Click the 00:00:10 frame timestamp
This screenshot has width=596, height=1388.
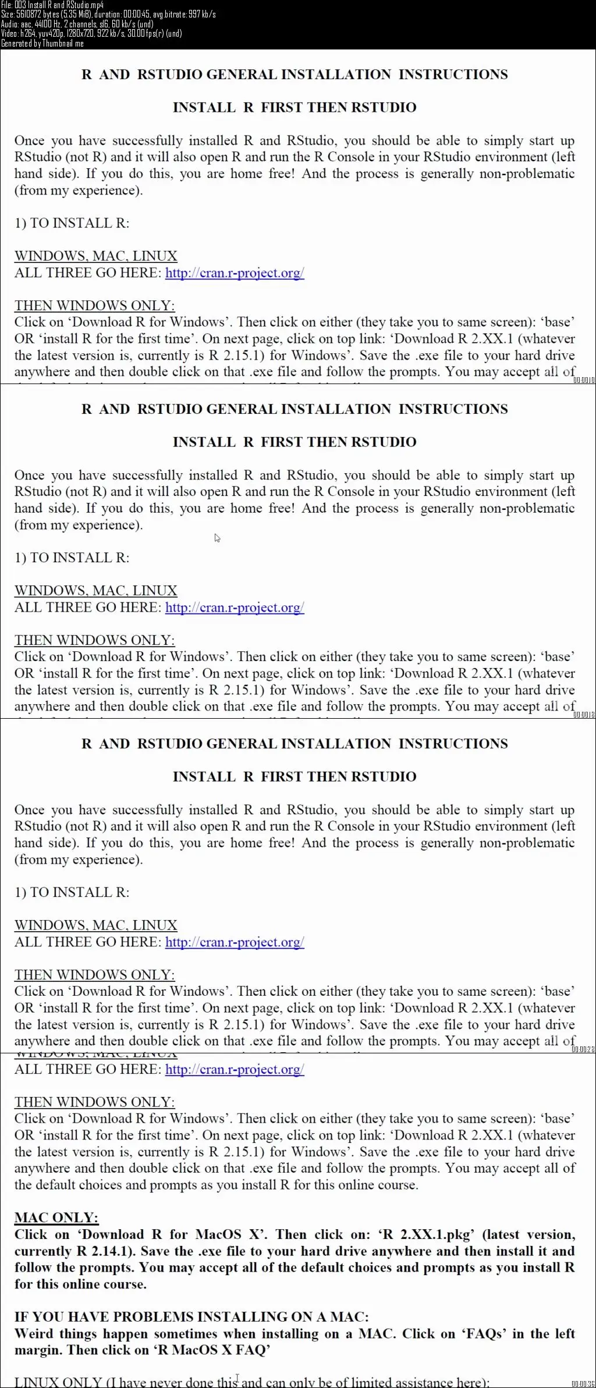(584, 380)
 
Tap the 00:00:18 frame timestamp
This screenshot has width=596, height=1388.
(584, 715)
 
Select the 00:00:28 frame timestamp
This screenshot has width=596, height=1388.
(584, 1049)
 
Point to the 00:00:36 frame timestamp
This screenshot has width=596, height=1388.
(584, 1384)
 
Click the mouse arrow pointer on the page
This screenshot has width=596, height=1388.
(217, 538)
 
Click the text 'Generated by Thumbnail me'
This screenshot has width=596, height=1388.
(42, 43)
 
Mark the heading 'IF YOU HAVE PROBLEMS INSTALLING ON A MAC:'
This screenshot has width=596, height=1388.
(191, 1316)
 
